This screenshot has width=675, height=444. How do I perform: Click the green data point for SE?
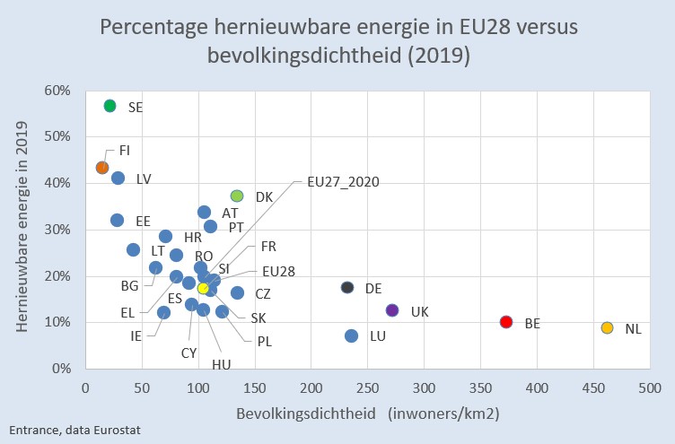(x=110, y=106)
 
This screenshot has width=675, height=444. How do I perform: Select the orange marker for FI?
(x=102, y=168)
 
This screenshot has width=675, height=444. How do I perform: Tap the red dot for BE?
(x=506, y=322)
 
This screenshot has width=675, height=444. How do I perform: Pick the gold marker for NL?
(x=607, y=328)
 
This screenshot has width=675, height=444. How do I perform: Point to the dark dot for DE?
(x=347, y=287)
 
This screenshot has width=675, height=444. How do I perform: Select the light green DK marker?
(x=237, y=196)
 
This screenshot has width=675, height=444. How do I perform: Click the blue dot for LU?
(x=351, y=335)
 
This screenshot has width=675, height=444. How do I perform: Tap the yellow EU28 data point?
(x=203, y=288)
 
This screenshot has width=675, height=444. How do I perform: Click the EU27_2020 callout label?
(x=343, y=182)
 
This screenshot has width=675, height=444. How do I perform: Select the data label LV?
(x=144, y=179)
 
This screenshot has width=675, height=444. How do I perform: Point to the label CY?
(x=188, y=353)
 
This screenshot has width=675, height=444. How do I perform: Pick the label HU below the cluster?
(x=222, y=364)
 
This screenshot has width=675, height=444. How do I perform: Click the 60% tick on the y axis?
(x=58, y=91)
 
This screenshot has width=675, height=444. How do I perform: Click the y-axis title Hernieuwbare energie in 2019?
(x=23, y=229)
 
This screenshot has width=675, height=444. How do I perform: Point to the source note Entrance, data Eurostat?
(x=75, y=431)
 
